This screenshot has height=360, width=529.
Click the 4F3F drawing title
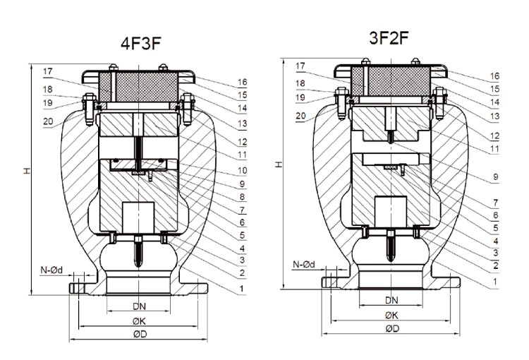(141, 43)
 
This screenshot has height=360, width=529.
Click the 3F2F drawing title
(389, 38)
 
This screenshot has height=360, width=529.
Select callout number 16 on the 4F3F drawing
(242, 82)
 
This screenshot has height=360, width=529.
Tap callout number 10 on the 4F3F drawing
(242, 171)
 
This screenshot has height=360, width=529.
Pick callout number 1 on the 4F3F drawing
(241, 289)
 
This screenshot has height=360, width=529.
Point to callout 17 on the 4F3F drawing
(48, 71)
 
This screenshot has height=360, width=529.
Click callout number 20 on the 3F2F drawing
(300, 116)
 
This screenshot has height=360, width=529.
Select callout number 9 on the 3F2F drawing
(495, 176)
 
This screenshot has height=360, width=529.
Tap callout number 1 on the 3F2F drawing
(495, 282)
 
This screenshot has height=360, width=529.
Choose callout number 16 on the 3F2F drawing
(494, 76)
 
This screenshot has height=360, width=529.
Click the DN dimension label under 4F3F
(139, 306)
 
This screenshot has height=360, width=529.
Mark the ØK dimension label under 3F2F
(391, 316)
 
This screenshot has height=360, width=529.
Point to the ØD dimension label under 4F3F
(140, 335)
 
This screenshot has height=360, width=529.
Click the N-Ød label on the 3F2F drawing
(303, 265)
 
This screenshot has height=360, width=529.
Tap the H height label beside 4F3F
(27, 171)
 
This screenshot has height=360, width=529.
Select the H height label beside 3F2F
(279, 164)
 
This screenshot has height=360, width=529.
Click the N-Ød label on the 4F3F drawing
(51, 270)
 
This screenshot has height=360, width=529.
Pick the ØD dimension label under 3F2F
(392, 329)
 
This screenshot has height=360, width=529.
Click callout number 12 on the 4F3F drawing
(242, 142)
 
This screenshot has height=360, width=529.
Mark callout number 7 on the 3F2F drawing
(495, 203)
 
